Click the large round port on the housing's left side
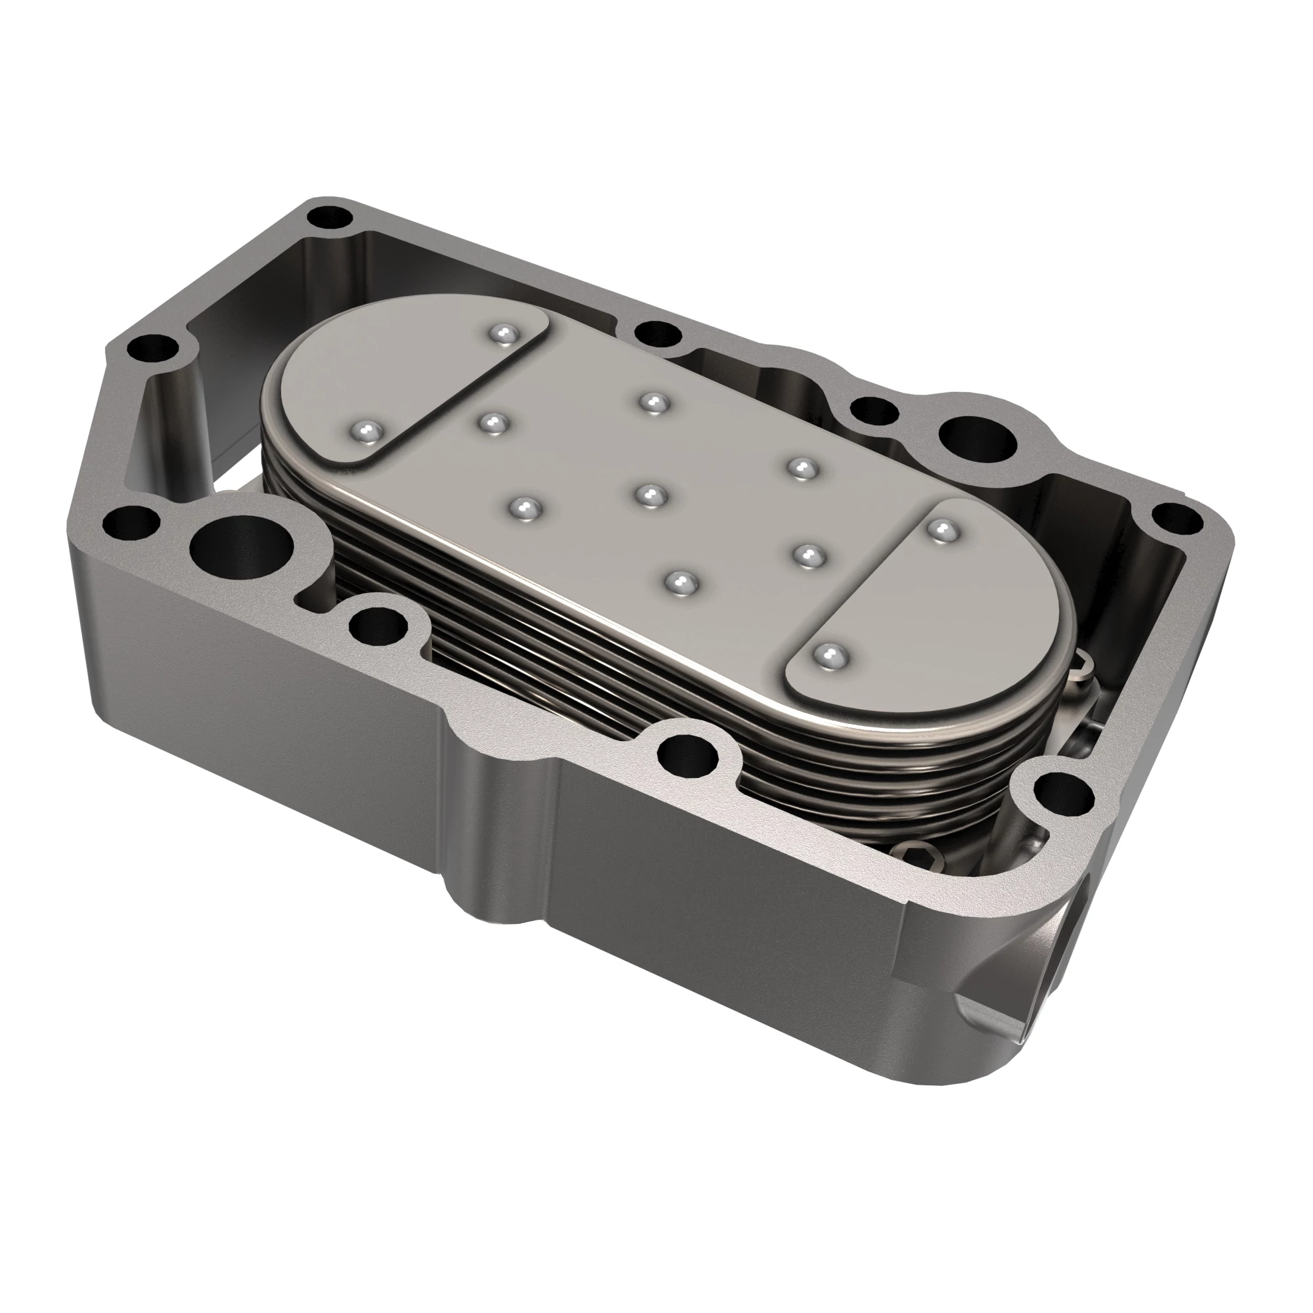pos(241,545)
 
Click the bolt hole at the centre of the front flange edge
pos(687,752)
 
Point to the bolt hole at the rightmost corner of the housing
pos(1180,519)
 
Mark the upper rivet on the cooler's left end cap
pos(504,334)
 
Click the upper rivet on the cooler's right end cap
pos(938,529)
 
